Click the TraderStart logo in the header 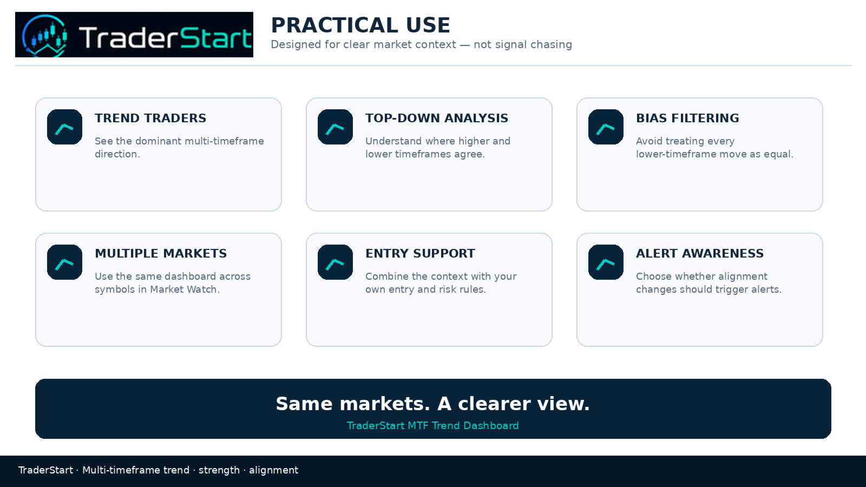[134, 35]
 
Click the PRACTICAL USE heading [360, 25]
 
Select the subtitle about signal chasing [422, 44]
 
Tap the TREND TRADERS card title [150, 119]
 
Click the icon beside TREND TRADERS [64, 127]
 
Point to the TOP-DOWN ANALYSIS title [437, 119]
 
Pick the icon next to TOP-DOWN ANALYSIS [335, 127]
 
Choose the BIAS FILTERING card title [687, 119]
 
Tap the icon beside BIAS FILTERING [606, 127]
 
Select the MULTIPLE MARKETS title [161, 254]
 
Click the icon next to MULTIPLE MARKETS [64, 262]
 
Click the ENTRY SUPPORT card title [420, 254]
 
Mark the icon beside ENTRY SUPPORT [335, 262]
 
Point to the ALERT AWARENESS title [700, 254]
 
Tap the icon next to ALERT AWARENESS [606, 262]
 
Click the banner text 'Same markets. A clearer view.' [432, 404]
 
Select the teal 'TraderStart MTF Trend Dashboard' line [432, 425]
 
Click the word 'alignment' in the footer [273, 470]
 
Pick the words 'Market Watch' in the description [183, 289]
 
